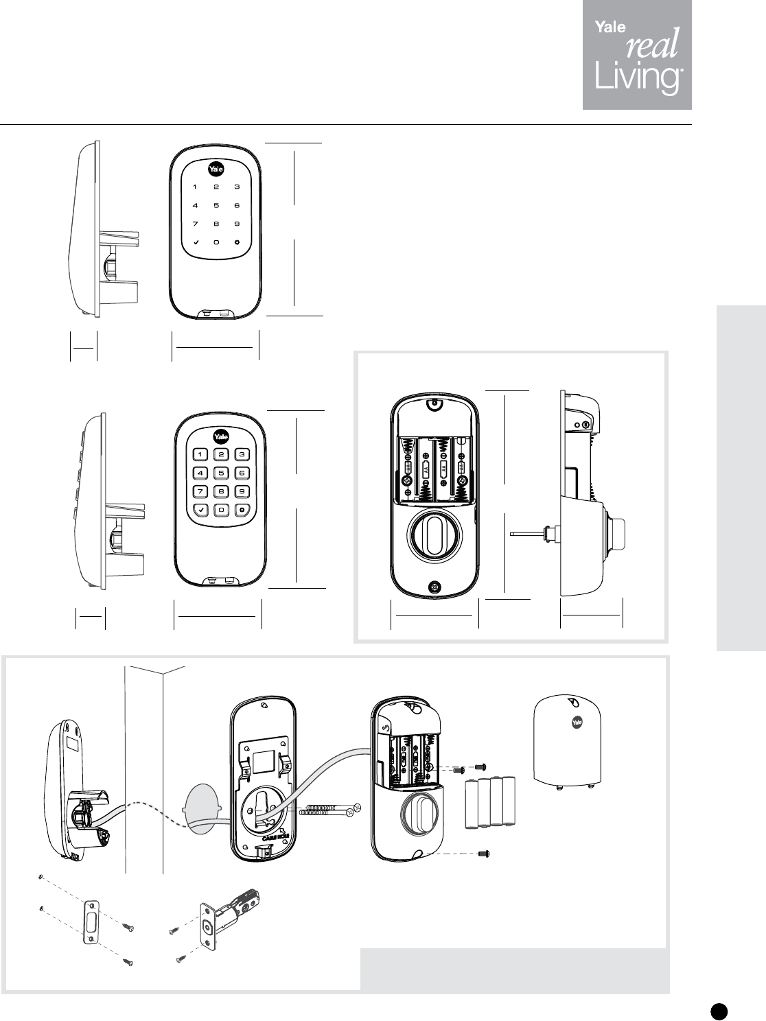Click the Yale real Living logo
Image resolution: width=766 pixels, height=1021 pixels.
pyautogui.click(x=637, y=56)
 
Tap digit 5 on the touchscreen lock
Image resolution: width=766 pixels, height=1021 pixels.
pyautogui.click(x=216, y=205)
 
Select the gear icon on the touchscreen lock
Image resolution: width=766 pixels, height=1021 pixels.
pyautogui.click(x=237, y=242)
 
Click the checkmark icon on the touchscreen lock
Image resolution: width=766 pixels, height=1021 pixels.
pyautogui.click(x=196, y=242)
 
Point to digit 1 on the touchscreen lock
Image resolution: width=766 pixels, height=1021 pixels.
pyautogui.click(x=195, y=187)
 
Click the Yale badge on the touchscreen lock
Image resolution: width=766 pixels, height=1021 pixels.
pyautogui.click(x=216, y=169)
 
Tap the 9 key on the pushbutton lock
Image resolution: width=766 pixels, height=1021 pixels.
pyautogui.click(x=242, y=491)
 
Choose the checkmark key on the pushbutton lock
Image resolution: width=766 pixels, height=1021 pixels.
pyautogui.click(x=200, y=510)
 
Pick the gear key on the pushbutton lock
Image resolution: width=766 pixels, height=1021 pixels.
pyautogui.click(x=242, y=510)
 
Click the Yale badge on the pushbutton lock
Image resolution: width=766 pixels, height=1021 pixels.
pyautogui.click(x=221, y=436)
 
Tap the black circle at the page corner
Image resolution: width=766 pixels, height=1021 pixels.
pyautogui.click(x=718, y=1009)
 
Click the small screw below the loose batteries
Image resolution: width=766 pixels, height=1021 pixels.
pyautogui.click(x=482, y=854)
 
